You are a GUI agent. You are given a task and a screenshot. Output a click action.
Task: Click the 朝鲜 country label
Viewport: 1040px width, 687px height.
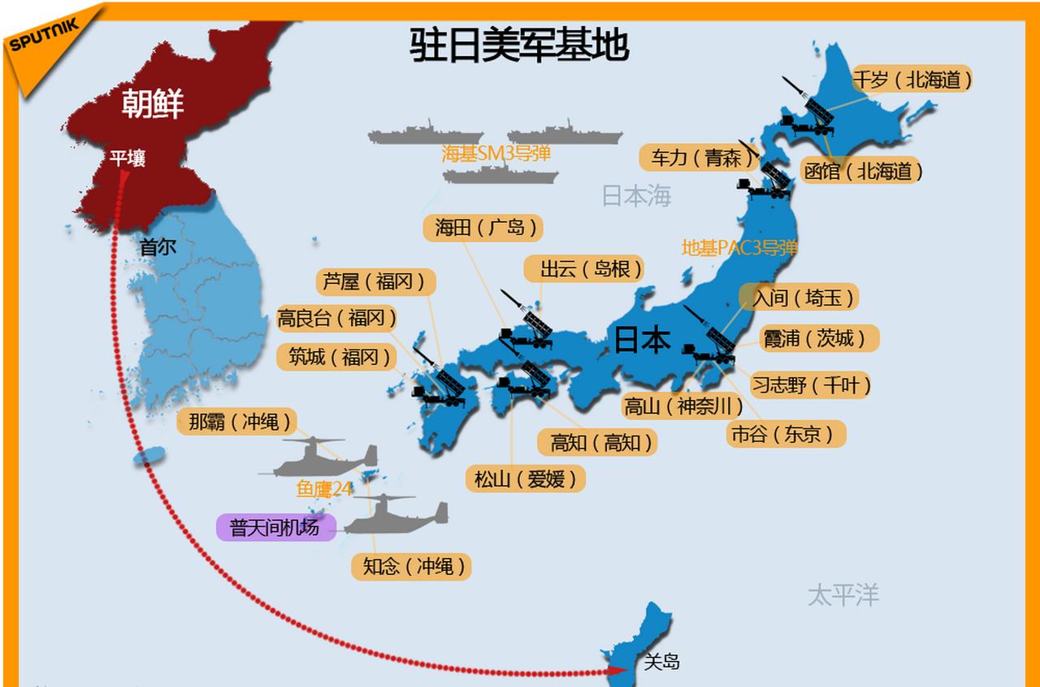tap(153, 103)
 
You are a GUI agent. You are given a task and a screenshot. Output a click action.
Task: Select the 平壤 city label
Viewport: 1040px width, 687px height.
tap(128, 159)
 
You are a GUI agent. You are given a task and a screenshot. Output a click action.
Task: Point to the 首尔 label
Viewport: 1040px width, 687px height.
tap(158, 246)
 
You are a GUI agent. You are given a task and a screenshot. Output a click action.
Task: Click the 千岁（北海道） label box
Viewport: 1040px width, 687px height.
tap(912, 79)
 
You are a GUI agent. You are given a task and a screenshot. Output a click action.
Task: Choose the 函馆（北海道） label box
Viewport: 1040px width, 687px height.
tap(862, 171)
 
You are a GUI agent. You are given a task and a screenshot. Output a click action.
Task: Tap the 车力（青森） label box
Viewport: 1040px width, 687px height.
tap(696, 157)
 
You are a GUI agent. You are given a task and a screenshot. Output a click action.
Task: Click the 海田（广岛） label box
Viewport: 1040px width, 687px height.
tap(483, 228)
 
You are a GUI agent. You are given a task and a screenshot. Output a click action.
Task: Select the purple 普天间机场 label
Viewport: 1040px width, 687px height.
tap(275, 527)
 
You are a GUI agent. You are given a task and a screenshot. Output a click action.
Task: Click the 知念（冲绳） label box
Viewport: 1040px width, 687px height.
tap(411, 567)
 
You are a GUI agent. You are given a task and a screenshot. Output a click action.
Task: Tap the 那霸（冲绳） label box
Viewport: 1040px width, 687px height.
tap(237, 422)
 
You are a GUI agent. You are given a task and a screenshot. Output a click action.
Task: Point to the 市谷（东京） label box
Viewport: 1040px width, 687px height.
tap(786, 434)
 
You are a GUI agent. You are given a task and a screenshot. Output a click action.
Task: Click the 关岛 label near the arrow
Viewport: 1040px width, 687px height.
tap(661, 662)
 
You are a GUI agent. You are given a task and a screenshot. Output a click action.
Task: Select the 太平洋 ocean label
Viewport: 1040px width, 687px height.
tap(843, 594)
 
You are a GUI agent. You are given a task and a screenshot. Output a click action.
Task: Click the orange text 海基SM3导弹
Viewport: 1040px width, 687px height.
tap(496, 154)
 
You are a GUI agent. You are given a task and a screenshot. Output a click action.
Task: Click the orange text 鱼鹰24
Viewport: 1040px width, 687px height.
tap(324, 489)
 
